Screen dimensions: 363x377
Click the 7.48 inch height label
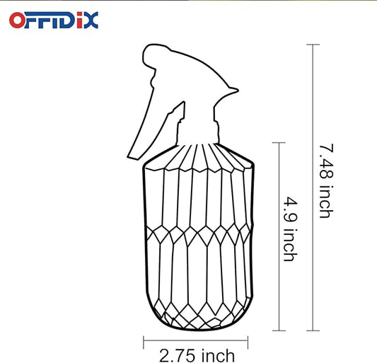pyautogui.click(x=325, y=180)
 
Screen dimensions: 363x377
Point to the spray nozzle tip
pyautogui.click(x=233, y=91)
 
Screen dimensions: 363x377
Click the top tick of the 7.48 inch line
pyautogui.click(x=313, y=45)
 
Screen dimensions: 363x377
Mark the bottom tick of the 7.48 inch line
pyautogui.click(x=313, y=330)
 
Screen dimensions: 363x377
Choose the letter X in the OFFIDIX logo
pyautogui.click(x=91, y=20)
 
